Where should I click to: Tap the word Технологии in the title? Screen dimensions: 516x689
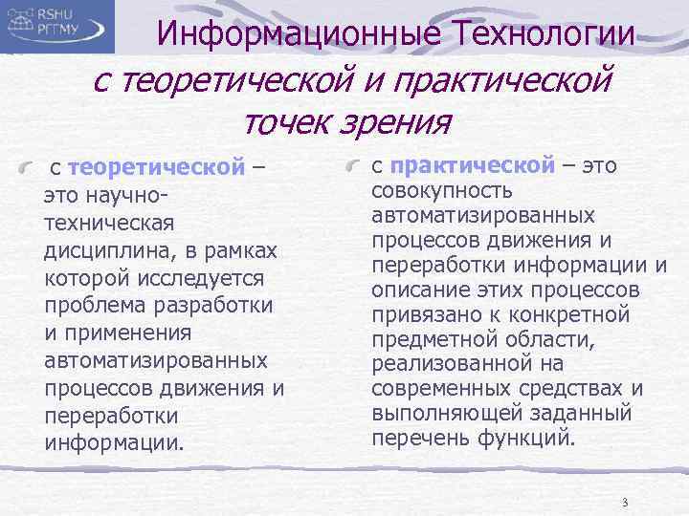[542, 35]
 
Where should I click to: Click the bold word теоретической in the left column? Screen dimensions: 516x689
[157, 168]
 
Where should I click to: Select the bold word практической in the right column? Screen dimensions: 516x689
[474, 165]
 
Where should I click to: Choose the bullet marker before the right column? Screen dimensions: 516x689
[355, 167]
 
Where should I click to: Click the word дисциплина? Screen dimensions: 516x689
[96, 251]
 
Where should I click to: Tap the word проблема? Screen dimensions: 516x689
[92, 306]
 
